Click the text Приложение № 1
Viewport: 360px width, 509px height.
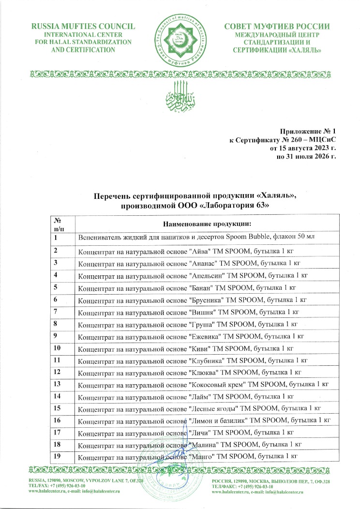point(307,131)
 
